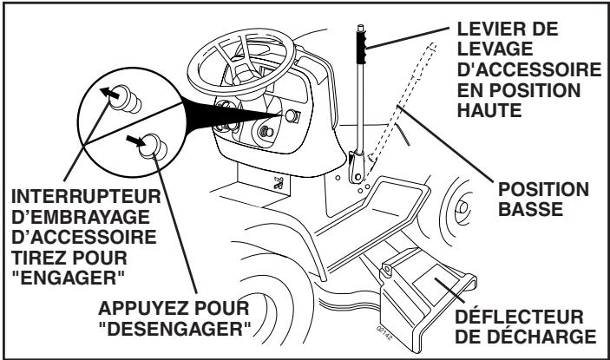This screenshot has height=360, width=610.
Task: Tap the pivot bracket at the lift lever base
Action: click(357, 167)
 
